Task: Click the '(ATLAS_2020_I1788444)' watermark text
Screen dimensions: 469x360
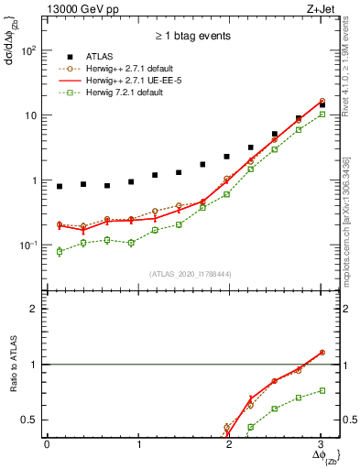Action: click(190, 273)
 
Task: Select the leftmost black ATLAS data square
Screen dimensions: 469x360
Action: click(60, 187)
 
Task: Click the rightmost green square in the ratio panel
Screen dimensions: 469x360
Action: click(322, 390)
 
